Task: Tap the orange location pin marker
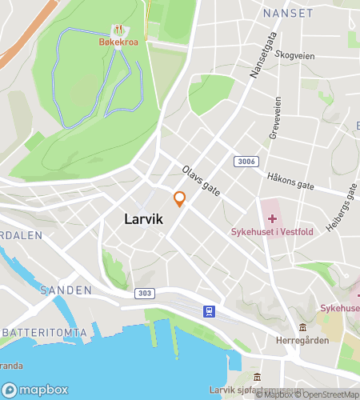click(180, 199)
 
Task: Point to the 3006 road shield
click(246, 162)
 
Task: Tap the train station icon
click(208, 310)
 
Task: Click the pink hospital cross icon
click(272, 218)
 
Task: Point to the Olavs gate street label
click(201, 182)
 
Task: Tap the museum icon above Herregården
click(302, 327)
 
